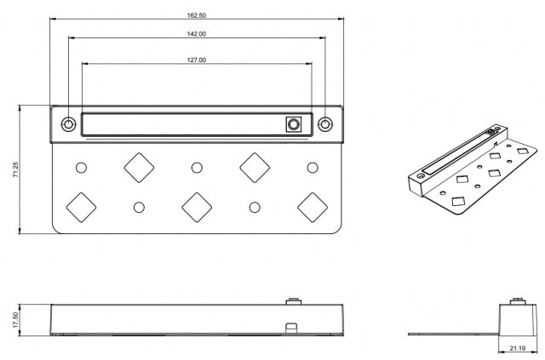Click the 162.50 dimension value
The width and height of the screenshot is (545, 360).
(x=197, y=15)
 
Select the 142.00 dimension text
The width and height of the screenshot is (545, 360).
(x=197, y=34)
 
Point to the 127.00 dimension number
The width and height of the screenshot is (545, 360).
(x=197, y=60)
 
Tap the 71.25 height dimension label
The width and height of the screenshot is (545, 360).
(x=15, y=169)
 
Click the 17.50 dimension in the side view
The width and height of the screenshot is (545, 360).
(x=15, y=320)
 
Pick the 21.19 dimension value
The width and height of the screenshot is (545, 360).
(x=518, y=348)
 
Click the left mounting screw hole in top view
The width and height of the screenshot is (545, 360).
(x=68, y=124)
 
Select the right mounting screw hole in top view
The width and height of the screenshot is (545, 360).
(x=325, y=124)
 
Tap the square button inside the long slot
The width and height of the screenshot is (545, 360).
(x=294, y=124)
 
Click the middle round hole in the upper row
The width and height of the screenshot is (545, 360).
(x=197, y=168)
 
